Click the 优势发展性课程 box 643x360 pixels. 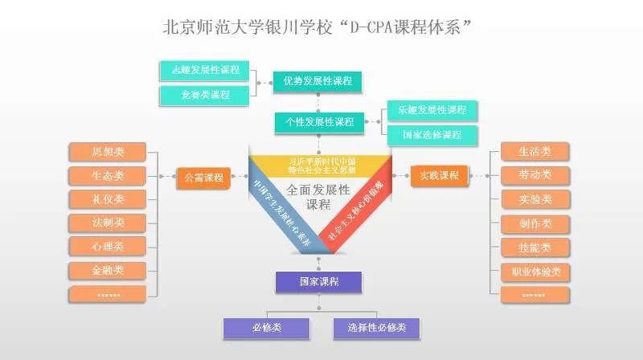(x=317, y=81)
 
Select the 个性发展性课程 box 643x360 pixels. (x=318, y=122)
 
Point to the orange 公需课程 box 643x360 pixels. (x=203, y=177)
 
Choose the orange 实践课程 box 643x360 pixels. (x=438, y=175)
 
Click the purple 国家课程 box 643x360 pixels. (x=318, y=282)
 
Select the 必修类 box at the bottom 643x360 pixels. (x=266, y=328)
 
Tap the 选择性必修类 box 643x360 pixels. (x=376, y=328)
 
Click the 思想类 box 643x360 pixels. (x=108, y=152)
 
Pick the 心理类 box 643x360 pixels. (x=108, y=246)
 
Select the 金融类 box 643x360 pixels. (x=108, y=270)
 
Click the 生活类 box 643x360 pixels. (x=534, y=151)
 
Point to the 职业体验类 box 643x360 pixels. (x=534, y=272)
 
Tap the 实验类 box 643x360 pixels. (x=534, y=199)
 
